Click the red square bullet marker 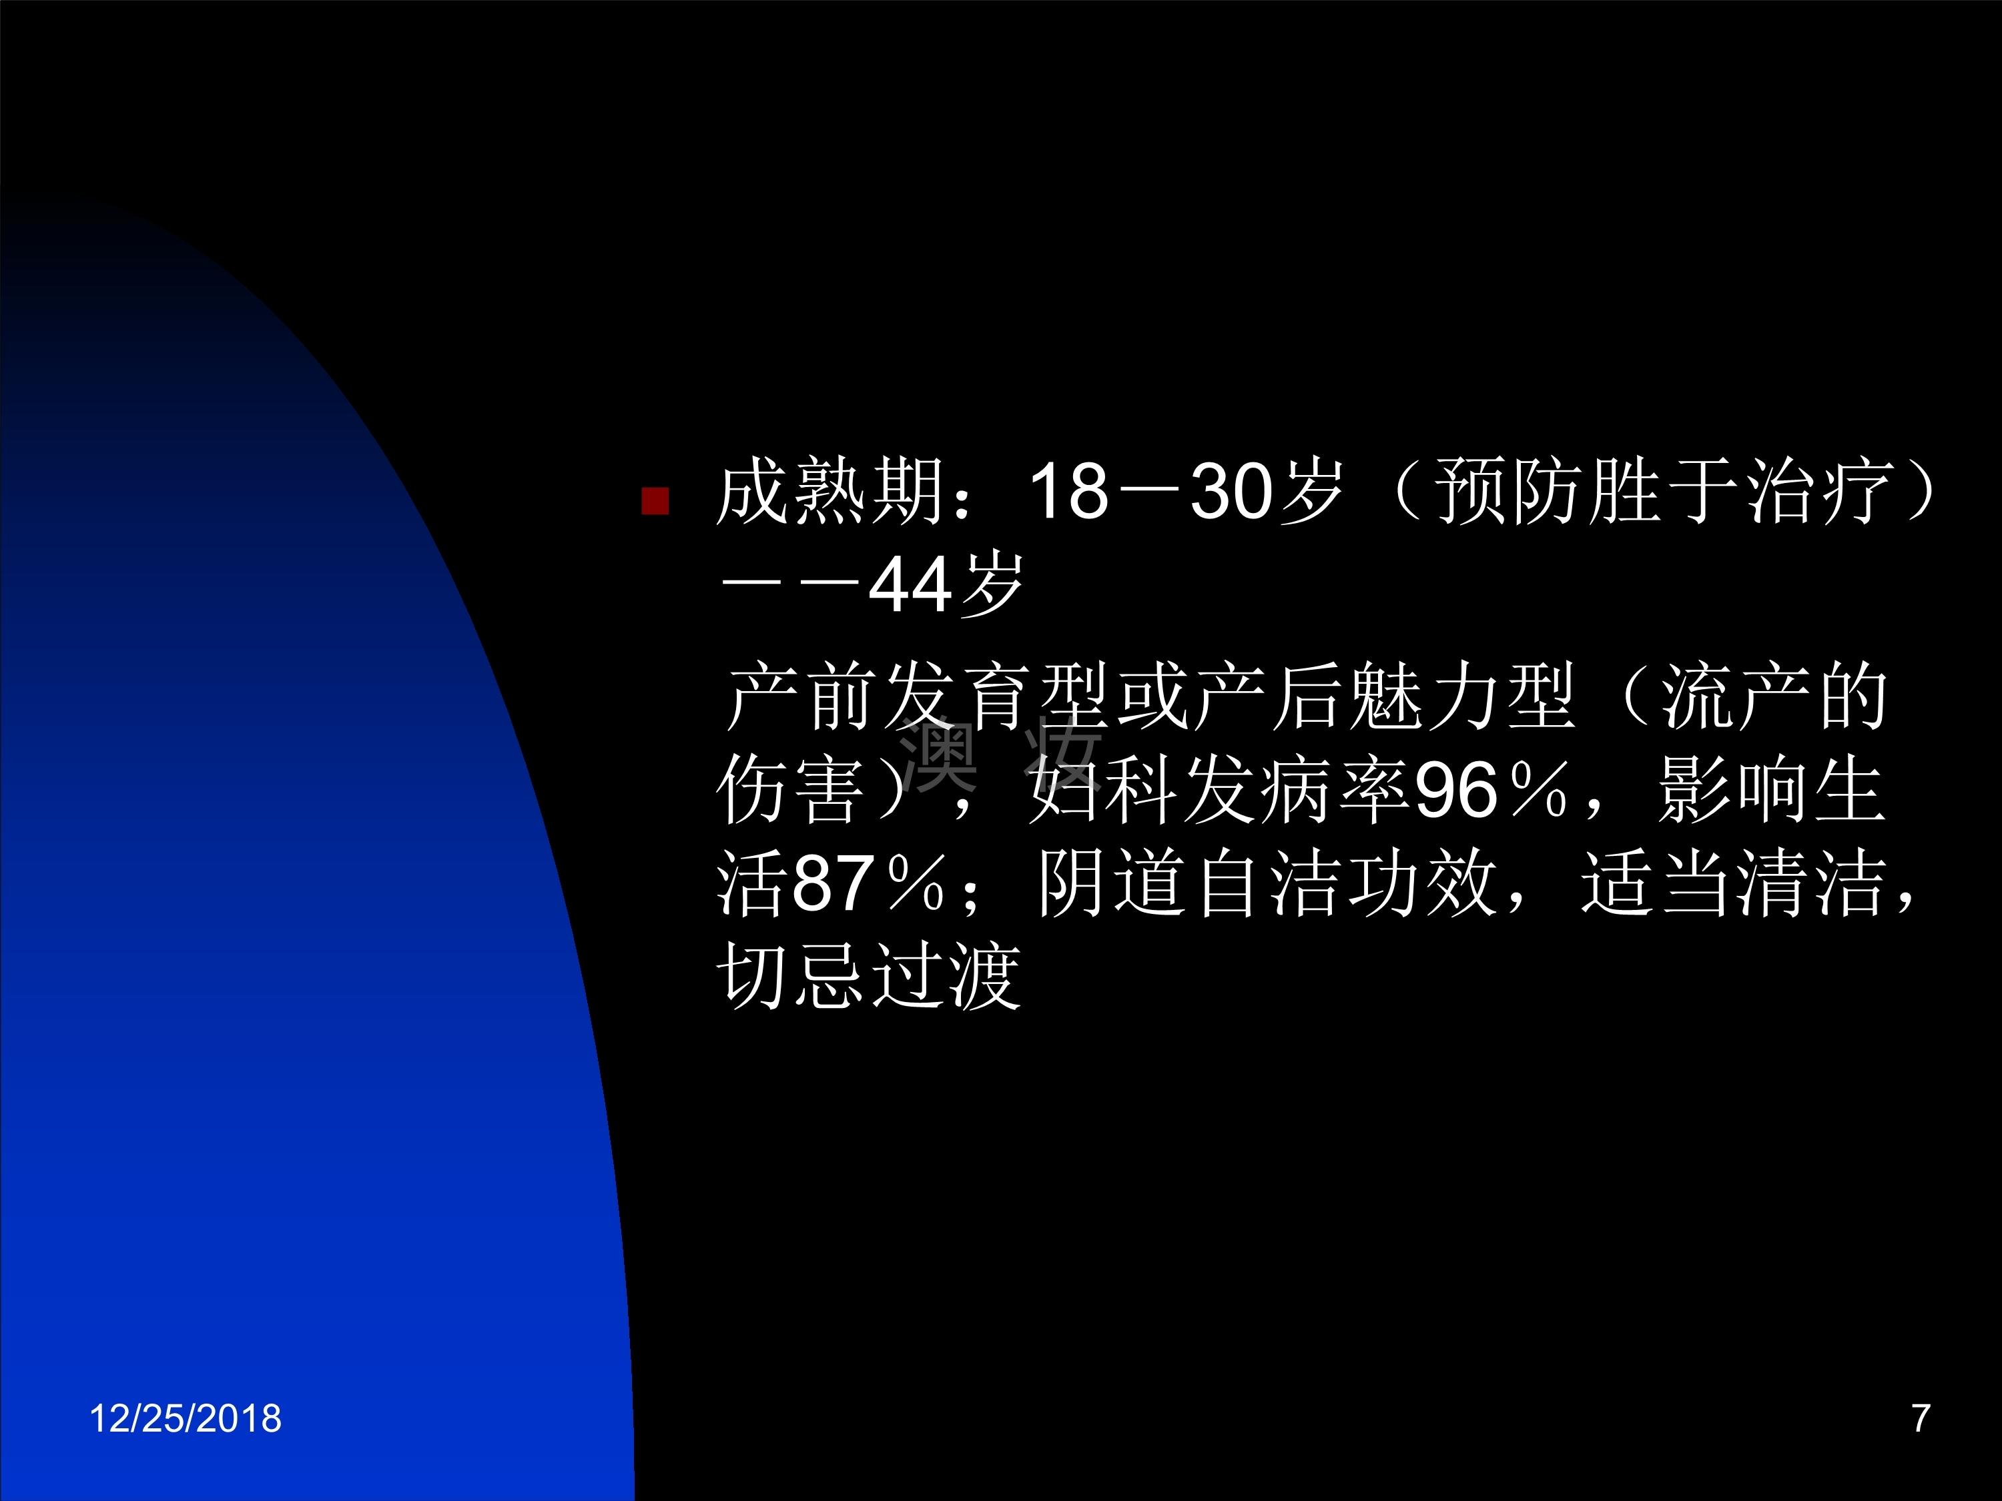tap(655, 500)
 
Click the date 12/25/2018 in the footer tap(185, 1418)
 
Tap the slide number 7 tap(1921, 1418)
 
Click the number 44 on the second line tap(908, 584)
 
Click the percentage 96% tap(1491, 790)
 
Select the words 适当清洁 tap(1733, 883)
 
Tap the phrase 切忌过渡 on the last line tap(869, 976)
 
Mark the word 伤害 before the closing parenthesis tap(790, 790)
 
